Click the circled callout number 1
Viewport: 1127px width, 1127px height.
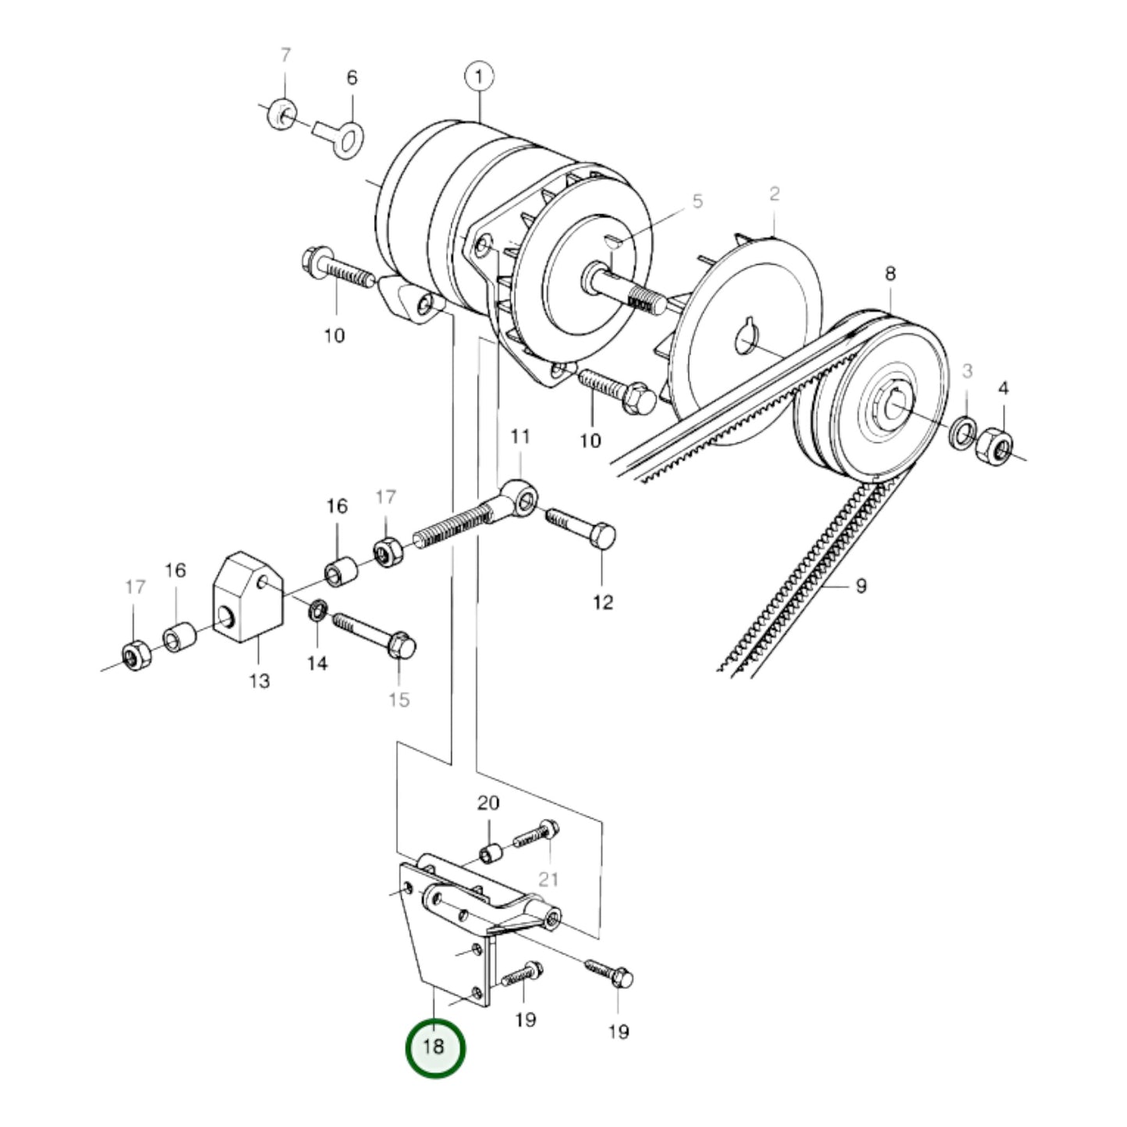pyautogui.click(x=479, y=76)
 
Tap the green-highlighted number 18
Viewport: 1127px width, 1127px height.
pyautogui.click(x=434, y=1047)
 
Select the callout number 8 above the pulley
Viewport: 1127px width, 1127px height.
pyautogui.click(x=890, y=274)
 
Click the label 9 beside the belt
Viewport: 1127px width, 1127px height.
pyautogui.click(x=861, y=586)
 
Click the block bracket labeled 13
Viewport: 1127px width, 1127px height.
pyautogui.click(x=246, y=597)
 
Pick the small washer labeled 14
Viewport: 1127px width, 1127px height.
pyautogui.click(x=318, y=609)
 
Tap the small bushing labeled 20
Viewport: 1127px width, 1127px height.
pyautogui.click(x=489, y=854)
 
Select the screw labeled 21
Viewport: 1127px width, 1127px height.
pyautogui.click(x=537, y=836)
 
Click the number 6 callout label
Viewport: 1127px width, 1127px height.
pyautogui.click(x=352, y=77)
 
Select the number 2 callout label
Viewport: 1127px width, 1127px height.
pyautogui.click(x=774, y=193)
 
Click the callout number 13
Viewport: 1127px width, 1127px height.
pyautogui.click(x=260, y=681)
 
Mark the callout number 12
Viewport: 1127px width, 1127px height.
pyautogui.click(x=603, y=602)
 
